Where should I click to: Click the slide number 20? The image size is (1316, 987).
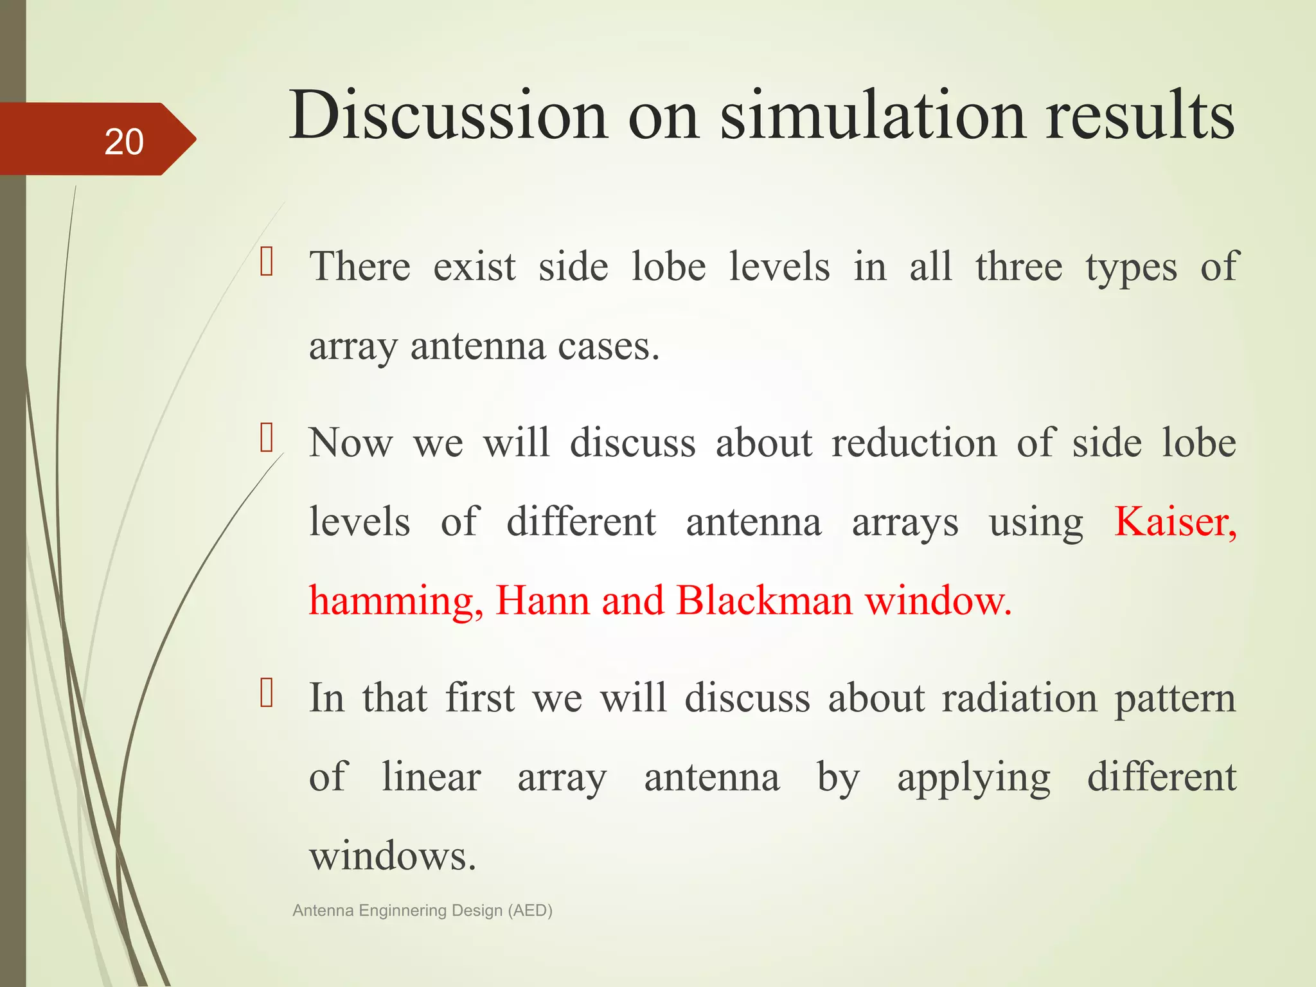tap(123, 141)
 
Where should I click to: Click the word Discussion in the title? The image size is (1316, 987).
tap(448, 116)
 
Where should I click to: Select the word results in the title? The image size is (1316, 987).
tap(1139, 116)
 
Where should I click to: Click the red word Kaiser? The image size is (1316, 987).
tap(1175, 521)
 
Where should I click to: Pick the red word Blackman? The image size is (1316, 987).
tap(764, 600)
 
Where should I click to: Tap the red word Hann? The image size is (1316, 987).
tap(542, 600)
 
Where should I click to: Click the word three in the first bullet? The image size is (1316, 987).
tap(1018, 267)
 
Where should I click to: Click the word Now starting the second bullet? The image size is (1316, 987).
tap(350, 443)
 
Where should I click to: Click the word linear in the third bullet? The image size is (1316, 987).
tap(431, 777)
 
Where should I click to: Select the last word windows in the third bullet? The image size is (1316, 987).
tap(392, 857)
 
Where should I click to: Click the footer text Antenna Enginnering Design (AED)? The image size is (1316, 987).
tap(422, 910)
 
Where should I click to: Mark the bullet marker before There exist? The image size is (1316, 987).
tap(267, 263)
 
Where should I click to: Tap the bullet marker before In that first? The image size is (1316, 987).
tap(267, 694)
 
